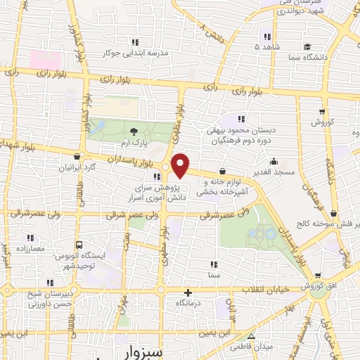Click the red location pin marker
(181, 165)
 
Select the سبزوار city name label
(131, 352)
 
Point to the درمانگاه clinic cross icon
(187, 292)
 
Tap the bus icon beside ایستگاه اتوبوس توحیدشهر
(79, 244)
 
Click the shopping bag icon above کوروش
(322, 111)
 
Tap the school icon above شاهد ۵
(266, 37)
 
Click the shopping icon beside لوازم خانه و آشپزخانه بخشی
(222, 170)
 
